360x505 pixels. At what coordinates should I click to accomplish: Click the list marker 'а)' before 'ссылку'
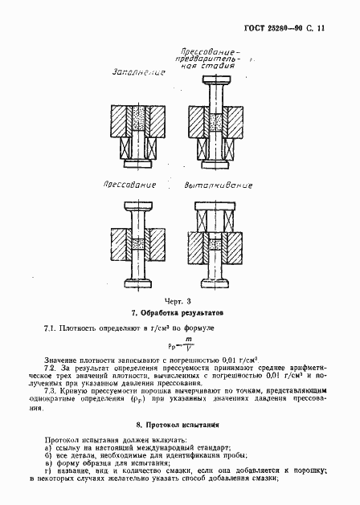click(x=49, y=447)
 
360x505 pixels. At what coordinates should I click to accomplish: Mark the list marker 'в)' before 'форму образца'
click(x=49, y=464)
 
